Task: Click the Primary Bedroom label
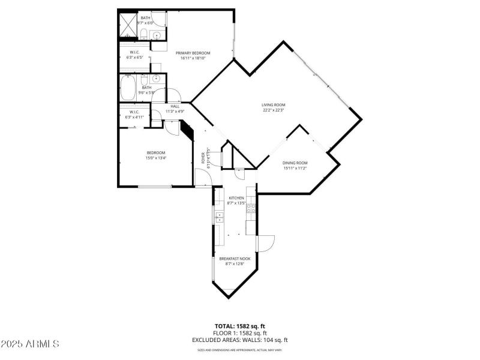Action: coord(193,53)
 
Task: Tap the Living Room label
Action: coord(273,104)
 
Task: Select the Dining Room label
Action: coord(295,163)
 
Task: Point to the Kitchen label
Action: coord(236,198)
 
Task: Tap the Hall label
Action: coord(175,106)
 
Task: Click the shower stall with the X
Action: coord(127,24)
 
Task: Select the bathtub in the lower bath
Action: coord(128,88)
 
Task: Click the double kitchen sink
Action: coord(219,216)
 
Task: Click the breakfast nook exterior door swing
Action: coord(266,244)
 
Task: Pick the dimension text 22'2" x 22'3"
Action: coord(273,110)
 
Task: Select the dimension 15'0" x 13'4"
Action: coord(155,158)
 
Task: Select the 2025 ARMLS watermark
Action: coord(30,344)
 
